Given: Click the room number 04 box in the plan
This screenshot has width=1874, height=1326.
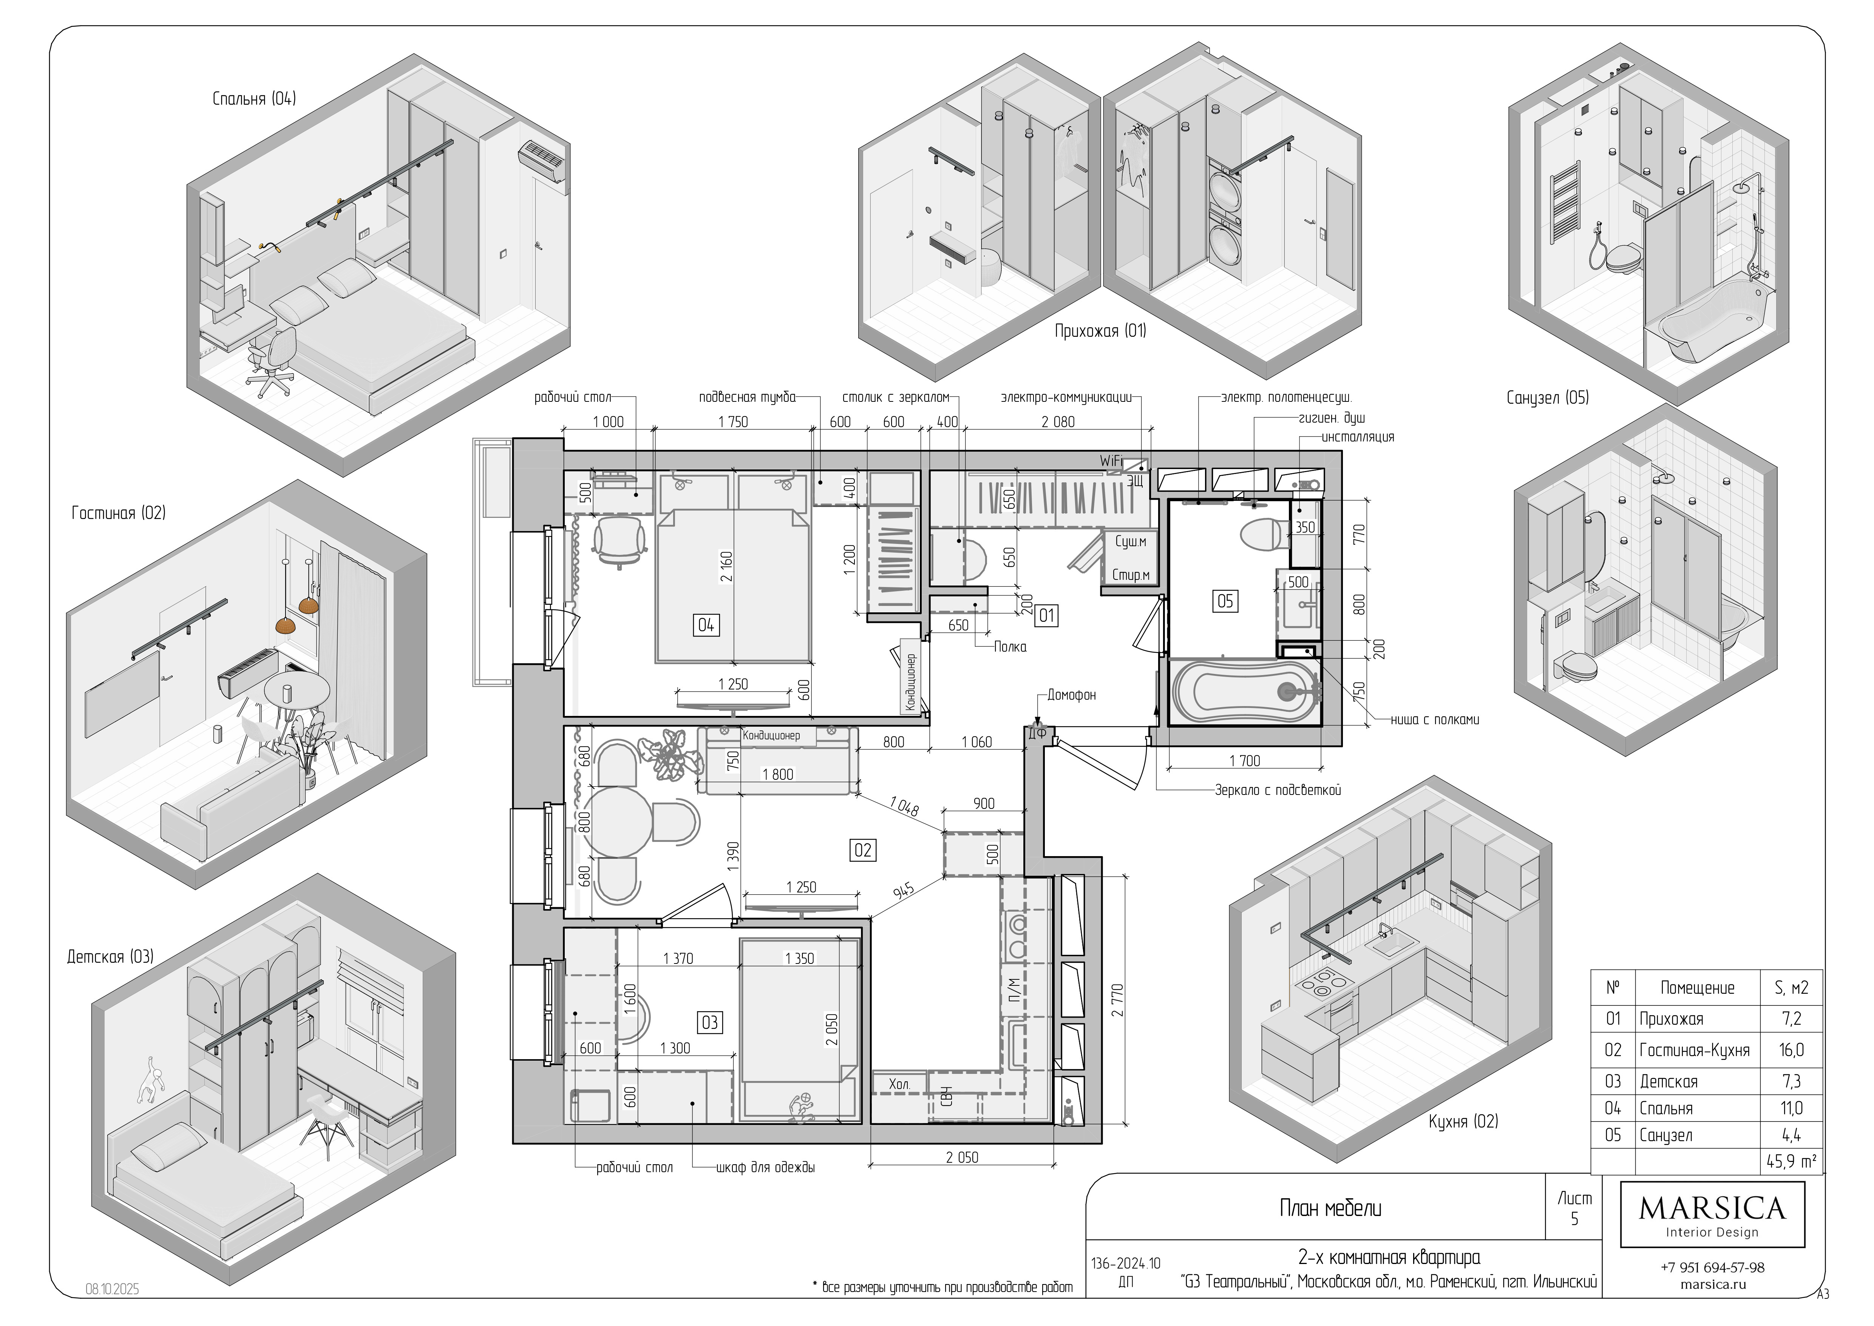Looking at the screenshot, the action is tap(706, 626).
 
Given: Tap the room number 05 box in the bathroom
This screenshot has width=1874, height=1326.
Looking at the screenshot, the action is tap(1225, 602).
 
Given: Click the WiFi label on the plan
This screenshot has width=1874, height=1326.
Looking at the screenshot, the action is tap(1111, 461).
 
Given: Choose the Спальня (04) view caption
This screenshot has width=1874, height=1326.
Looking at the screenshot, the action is tap(254, 99).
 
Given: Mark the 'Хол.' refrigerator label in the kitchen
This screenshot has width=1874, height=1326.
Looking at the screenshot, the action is tap(899, 1084).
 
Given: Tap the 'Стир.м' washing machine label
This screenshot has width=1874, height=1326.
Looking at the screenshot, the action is tap(1131, 575).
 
